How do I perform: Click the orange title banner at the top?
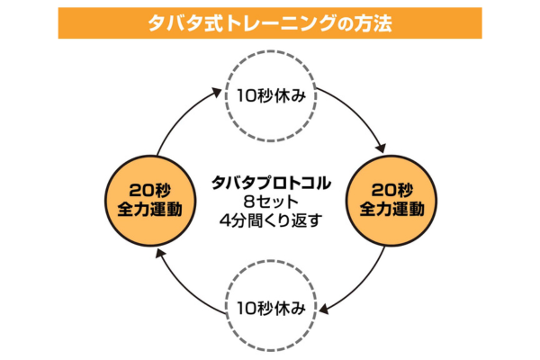click(x=270, y=22)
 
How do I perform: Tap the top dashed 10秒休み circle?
click(x=270, y=94)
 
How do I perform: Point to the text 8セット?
click(x=270, y=200)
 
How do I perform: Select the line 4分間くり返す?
click(x=270, y=218)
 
